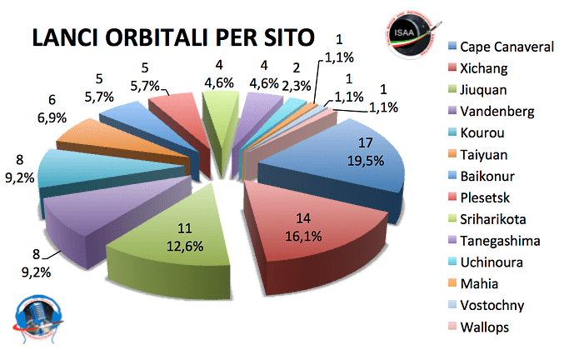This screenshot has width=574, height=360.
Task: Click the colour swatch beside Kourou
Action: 452,133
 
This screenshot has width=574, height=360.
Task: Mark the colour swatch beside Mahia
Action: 452,285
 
